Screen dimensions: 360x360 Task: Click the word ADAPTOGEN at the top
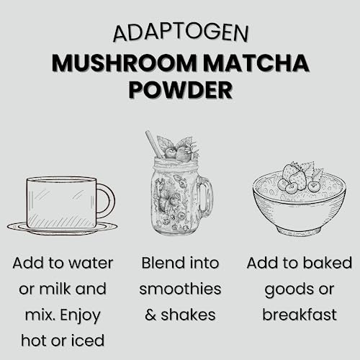coord(179,33)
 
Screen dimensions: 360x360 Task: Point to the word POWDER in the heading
coord(179,91)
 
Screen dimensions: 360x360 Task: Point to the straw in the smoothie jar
coord(152,143)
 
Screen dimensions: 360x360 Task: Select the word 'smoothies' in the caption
coord(180,289)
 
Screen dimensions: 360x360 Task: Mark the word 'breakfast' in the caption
coord(299,315)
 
